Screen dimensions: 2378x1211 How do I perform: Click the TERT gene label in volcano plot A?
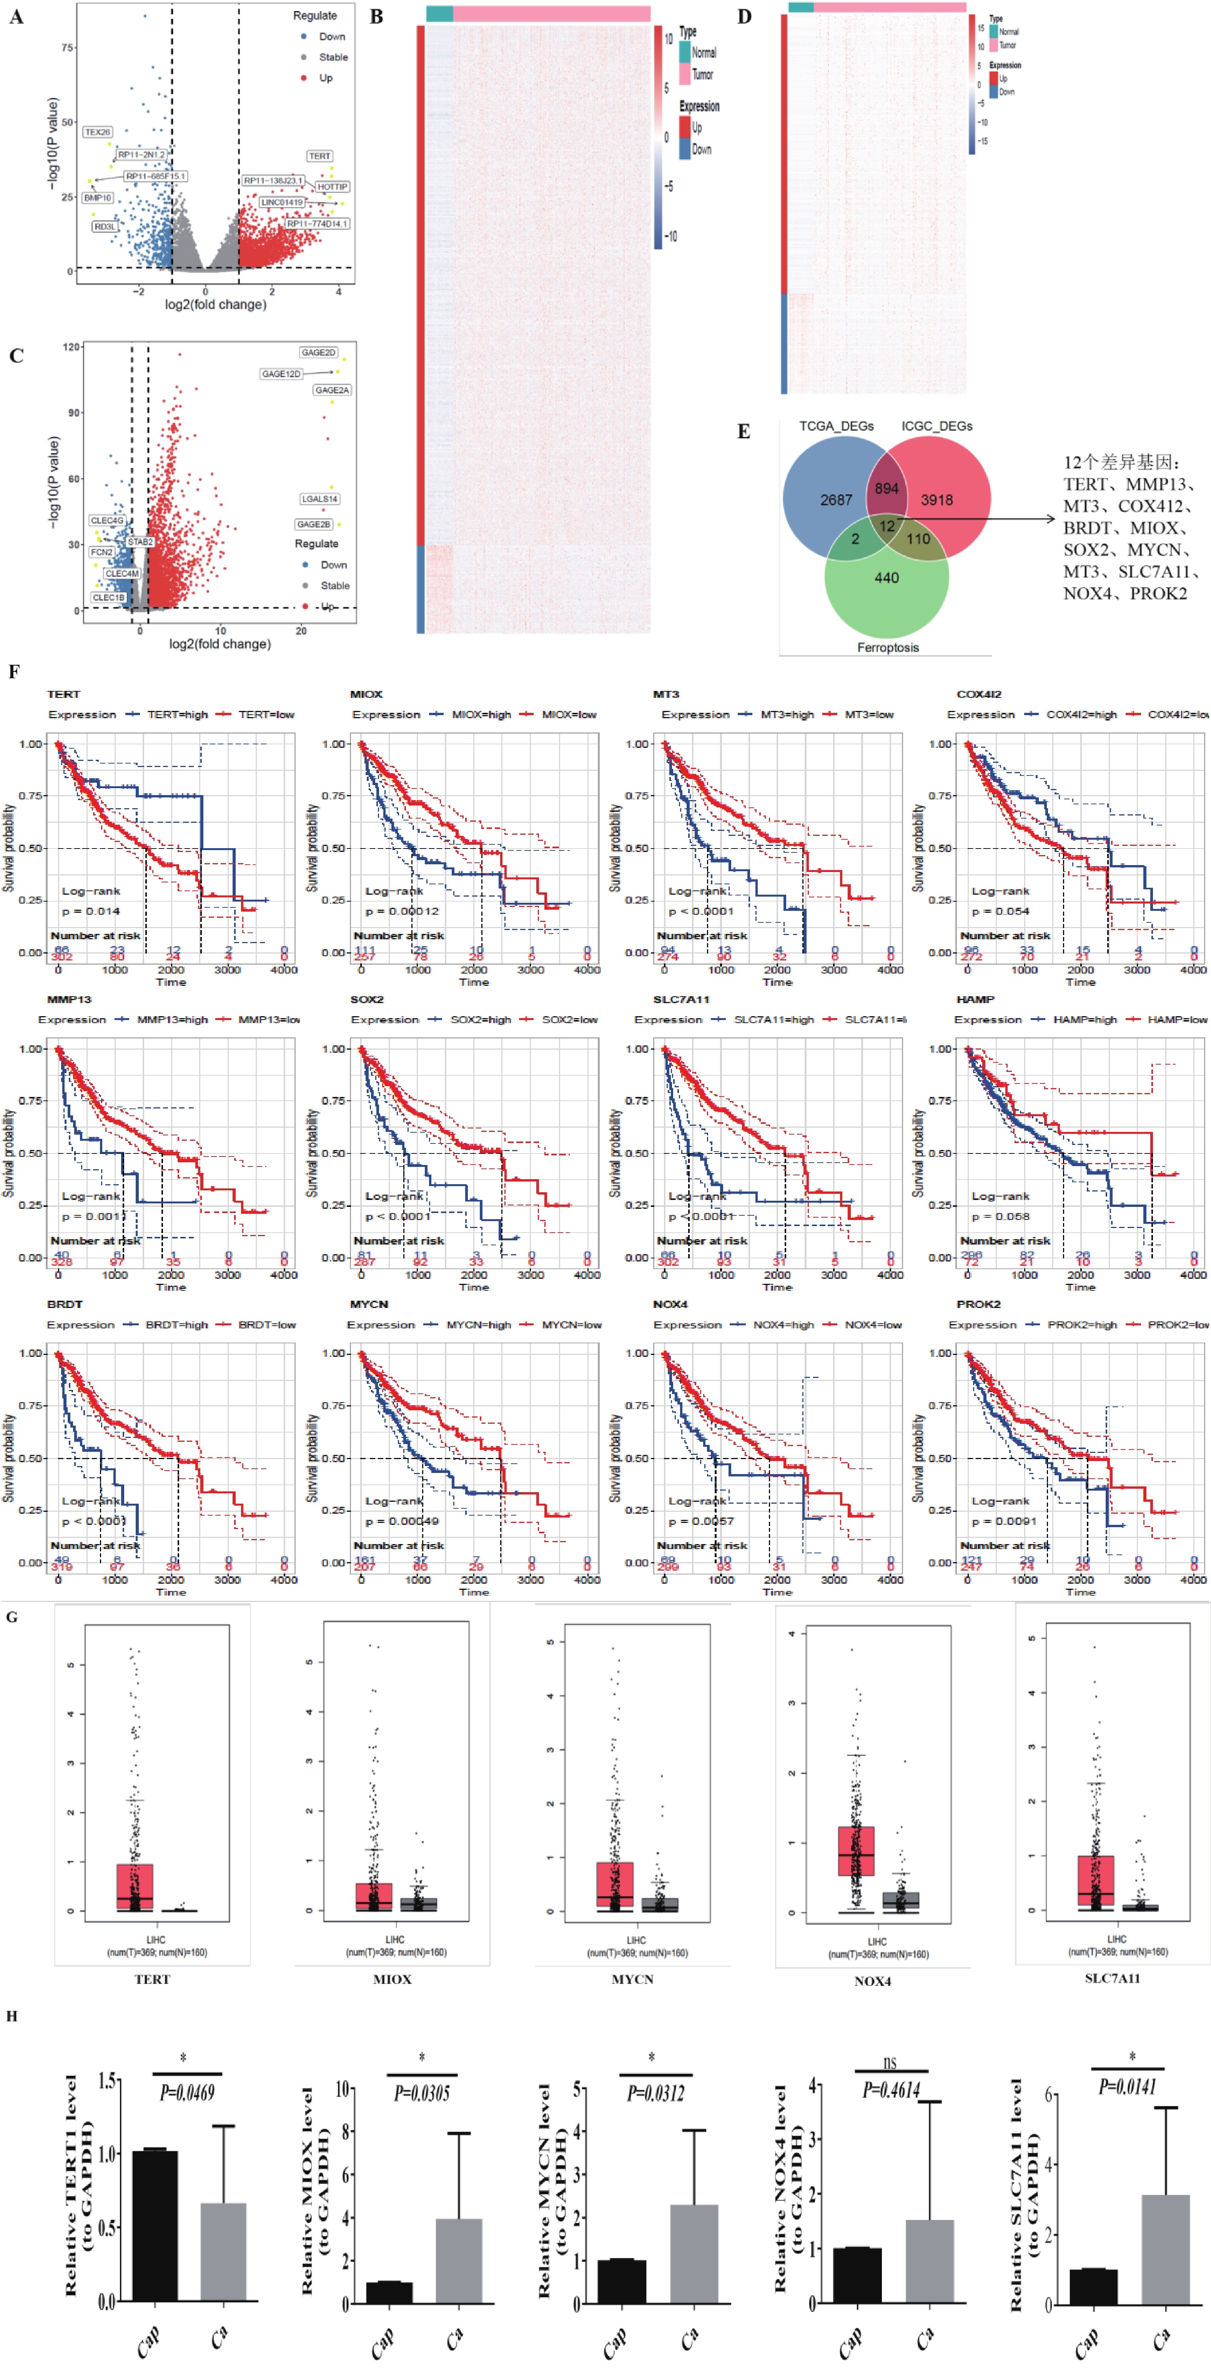(319, 156)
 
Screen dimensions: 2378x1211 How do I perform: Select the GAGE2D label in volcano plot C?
(318, 353)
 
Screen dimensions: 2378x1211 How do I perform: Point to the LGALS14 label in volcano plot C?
(319, 499)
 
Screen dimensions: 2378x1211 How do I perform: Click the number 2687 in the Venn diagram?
(836, 499)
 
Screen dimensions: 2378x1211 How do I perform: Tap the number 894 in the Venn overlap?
(886, 488)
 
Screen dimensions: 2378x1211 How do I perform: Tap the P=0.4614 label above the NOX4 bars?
(891, 2090)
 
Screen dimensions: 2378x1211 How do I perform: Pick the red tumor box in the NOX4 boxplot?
(856, 1850)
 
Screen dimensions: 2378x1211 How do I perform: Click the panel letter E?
(743, 431)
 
